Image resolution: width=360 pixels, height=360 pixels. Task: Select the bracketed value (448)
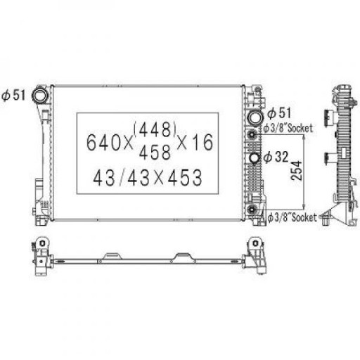[x=155, y=129]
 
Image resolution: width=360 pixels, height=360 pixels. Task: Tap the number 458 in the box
[x=155, y=152]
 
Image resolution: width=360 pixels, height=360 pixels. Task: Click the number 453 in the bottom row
[x=185, y=178]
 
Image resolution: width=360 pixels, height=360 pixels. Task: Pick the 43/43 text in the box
[x=122, y=178]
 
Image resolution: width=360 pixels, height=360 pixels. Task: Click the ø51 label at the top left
[x=13, y=96]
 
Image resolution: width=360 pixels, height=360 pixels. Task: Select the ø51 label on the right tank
[x=279, y=113]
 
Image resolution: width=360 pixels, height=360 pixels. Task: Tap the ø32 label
[x=276, y=157]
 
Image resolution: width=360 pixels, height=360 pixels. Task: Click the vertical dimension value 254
[x=297, y=170]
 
